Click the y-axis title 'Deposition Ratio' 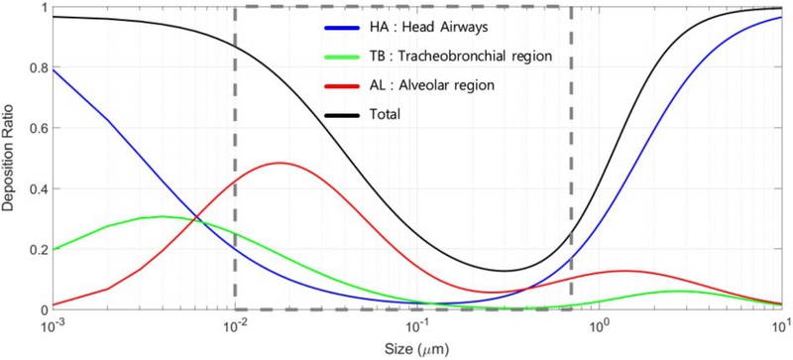(10, 159)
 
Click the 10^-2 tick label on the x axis (235, 325)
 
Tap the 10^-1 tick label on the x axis (416, 325)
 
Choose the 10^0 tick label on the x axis (599, 325)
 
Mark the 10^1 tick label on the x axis (780, 325)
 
